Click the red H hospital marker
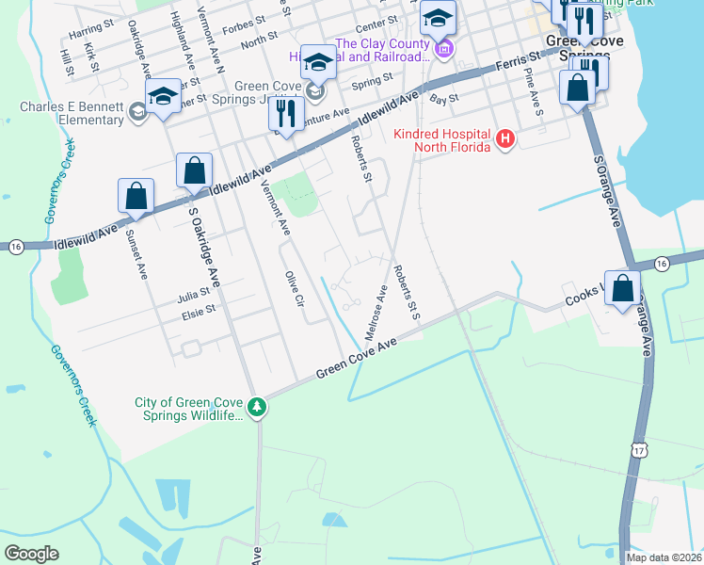(x=505, y=140)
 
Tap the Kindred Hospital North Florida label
(x=442, y=140)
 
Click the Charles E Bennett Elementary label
(x=72, y=113)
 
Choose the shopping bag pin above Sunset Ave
(x=136, y=196)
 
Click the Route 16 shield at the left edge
(x=16, y=247)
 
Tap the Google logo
(x=31, y=553)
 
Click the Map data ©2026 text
(x=663, y=557)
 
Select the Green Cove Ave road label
(x=357, y=360)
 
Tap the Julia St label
(x=194, y=296)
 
